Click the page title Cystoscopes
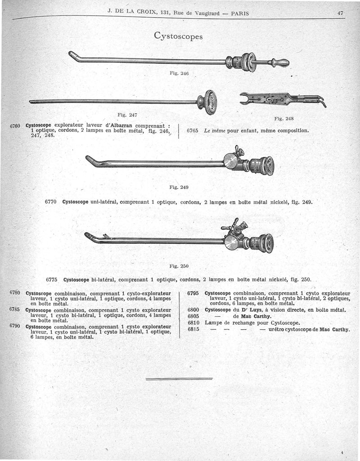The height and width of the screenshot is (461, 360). [x=178, y=35]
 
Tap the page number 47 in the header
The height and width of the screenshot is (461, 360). [x=340, y=13]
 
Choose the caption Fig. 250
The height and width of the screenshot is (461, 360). [x=180, y=266]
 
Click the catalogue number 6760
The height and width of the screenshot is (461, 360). [x=16, y=125]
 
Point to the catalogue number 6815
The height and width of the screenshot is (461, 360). [x=193, y=329]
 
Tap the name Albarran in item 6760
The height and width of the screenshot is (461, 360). [x=119, y=126]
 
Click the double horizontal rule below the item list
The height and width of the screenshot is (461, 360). [x=179, y=379]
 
